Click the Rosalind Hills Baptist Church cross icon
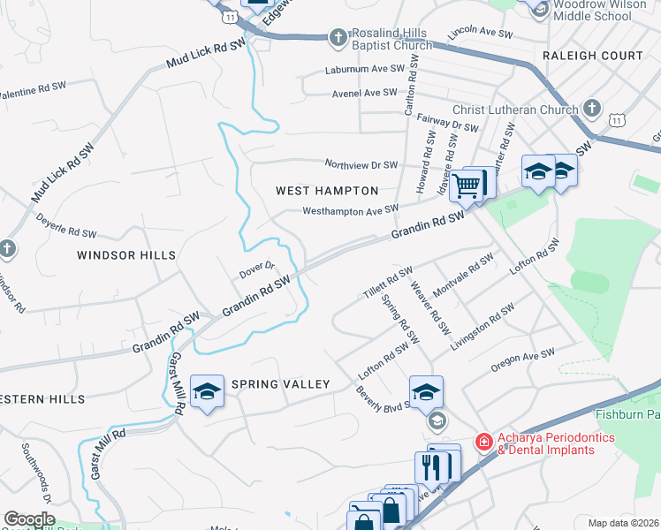click(337, 37)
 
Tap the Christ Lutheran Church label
click(515, 110)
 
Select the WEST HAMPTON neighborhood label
click(327, 191)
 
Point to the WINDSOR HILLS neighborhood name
click(126, 255)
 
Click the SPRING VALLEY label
click(280, 384)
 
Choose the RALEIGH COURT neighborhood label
click(592, 56)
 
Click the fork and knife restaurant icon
click(432, 466)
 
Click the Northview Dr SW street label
click(361, 164)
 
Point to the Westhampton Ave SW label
click(350, 210)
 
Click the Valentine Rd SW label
click(33, 90)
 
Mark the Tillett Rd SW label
click(388, 283)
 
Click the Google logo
click(29, 519)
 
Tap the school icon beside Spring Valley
click(207, 391)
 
